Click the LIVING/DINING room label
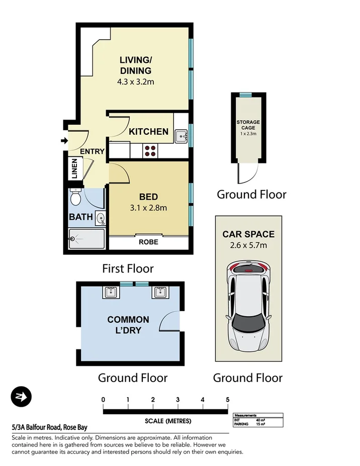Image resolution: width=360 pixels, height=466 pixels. click(135, 66)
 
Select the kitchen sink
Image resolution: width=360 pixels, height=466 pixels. click(181, 135)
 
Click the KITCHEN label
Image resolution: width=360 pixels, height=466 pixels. click(148, 132)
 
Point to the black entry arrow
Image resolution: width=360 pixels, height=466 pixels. click(64, 141)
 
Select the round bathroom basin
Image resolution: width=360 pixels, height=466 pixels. click(100, 219)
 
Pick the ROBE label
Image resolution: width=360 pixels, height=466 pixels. click(149, 242)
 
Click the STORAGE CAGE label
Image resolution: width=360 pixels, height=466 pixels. click(248, 125)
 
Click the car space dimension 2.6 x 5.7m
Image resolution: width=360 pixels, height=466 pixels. click(248, 245)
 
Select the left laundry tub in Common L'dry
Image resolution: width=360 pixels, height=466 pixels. click(111, 293)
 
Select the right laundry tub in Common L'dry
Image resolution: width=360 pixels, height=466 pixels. click(160, 293)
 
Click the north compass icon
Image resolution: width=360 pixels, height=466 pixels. click(21, 397)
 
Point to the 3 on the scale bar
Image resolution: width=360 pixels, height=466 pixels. click(178, 400)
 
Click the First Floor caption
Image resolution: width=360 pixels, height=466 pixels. click(128, 268)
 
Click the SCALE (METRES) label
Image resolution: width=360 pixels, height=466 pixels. click(165, 421)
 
